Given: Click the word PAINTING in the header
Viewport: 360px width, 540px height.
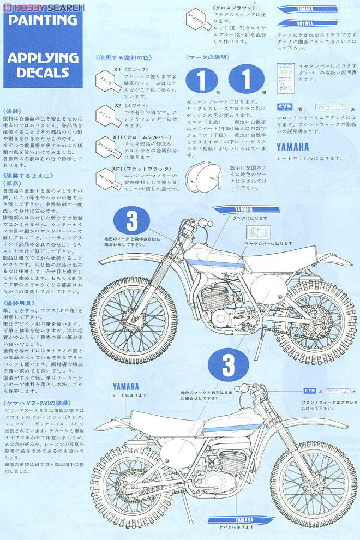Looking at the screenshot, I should [43, 20].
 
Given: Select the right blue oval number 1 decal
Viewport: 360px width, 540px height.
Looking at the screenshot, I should [246, 81].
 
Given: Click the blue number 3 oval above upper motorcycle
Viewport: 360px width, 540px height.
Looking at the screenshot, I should [132, 222].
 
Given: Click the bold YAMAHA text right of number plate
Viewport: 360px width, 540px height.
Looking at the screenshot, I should [292, 147].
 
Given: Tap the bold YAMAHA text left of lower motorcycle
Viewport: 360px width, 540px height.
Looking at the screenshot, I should [127, 386].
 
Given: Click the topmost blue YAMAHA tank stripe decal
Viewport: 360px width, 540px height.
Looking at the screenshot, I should [305, 9].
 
